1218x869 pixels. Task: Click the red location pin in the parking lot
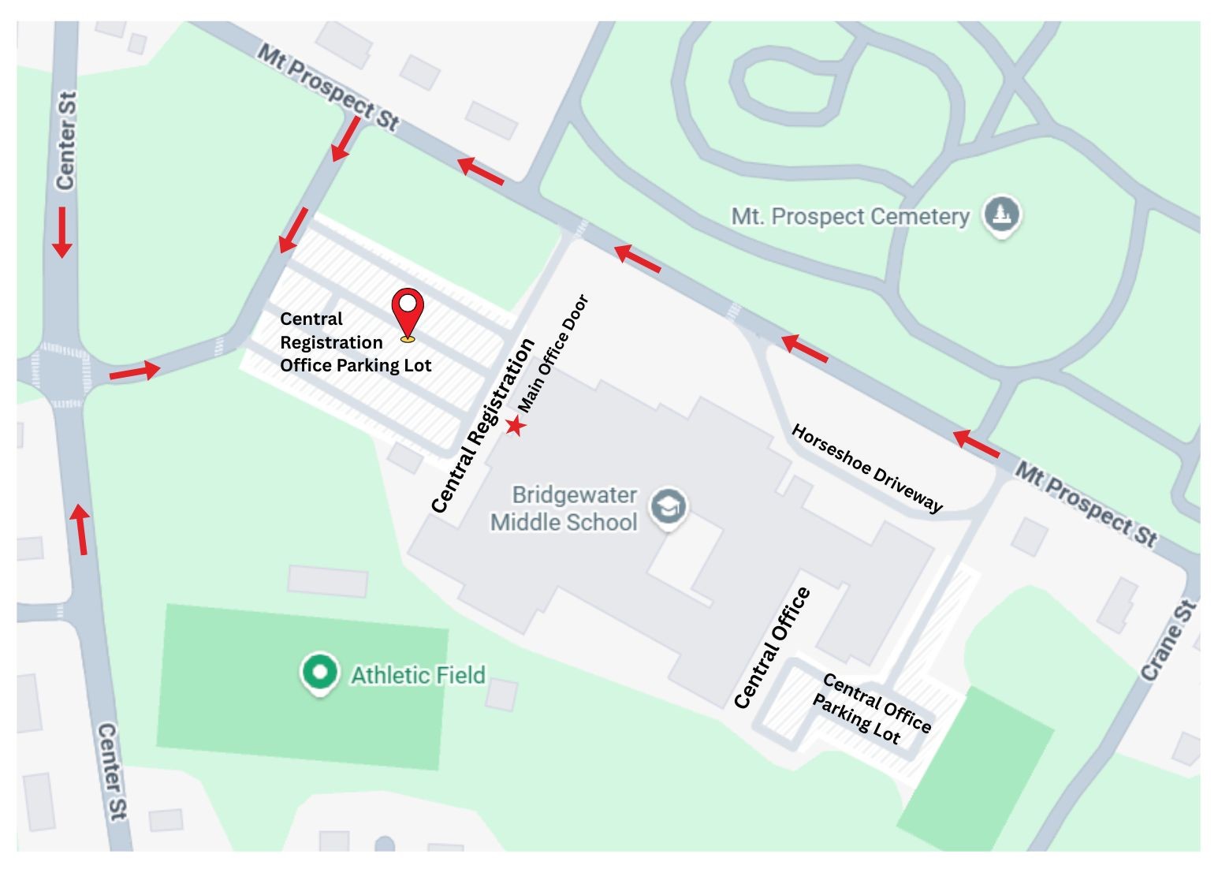coord(408,312)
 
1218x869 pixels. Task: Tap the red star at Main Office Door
coord(515,426)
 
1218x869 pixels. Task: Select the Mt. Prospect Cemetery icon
coord(1001,214)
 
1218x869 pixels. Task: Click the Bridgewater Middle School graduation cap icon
coord(669,508)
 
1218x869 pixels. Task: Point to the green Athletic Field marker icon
coord(319,673)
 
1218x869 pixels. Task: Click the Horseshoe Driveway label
coord(866,468)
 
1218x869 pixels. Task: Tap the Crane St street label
coord(1168,641)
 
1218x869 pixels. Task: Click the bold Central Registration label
coord(483,426)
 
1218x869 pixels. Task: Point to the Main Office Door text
coord(553,352)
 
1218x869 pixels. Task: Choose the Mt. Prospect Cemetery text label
coord(850,216)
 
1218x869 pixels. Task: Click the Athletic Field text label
coord(418,676)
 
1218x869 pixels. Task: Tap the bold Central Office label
coord(772,647)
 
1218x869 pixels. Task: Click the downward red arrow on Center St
coord(61,232)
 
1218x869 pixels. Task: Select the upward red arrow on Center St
coord(80,529)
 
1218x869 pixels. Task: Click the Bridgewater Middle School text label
coord(564,509)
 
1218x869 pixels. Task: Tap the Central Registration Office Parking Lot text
coord(356,342)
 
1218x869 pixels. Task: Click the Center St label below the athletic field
coord(111,772)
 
